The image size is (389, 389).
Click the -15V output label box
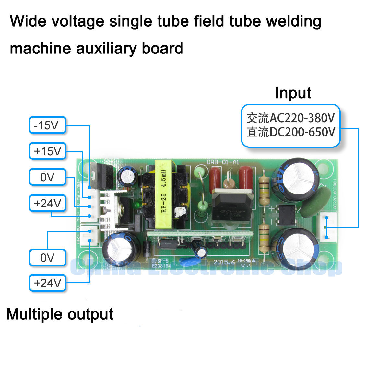tap(48, 125)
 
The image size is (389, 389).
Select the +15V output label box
tap(48, 151)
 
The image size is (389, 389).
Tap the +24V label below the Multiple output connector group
tap(48, 283)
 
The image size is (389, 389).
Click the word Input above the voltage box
tap(293, 93)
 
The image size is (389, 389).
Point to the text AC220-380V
tap(302, 118)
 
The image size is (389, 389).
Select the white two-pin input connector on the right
tap(328, 227)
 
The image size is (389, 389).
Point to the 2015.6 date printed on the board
tap(224, 262)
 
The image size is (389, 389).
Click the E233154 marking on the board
tap(161, 266)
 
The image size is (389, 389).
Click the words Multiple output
tap(60, 314)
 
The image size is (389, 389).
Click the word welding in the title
tap(293, 21)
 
